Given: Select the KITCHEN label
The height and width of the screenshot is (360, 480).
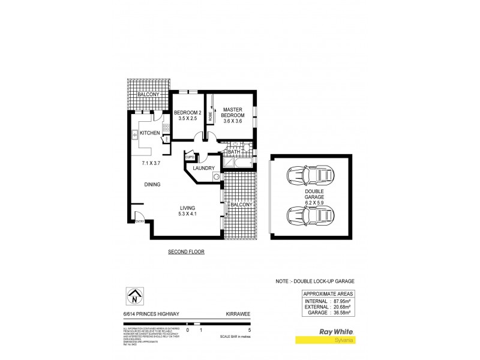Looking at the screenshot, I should (149, 133).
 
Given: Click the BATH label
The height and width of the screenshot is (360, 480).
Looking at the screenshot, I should (232, 153).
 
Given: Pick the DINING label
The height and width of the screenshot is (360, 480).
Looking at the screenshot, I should (152, 184).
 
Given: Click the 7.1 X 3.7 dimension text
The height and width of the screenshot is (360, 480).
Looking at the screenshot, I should (151, 163).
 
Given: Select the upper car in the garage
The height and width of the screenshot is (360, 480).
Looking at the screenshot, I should (310, 176).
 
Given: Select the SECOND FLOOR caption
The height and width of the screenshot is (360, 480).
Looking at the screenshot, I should (186, 252).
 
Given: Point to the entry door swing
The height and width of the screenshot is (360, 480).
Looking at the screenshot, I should (138, 217).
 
